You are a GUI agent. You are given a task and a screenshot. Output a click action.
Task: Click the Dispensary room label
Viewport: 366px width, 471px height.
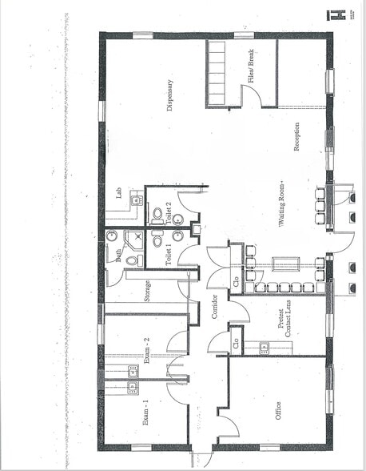click(169, 94)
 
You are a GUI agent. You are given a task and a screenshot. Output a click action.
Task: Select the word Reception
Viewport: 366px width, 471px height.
click(296, 139)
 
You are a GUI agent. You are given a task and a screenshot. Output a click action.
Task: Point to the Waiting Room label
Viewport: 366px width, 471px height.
click(282, 215)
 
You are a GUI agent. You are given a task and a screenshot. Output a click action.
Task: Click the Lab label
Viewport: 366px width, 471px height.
click(118, 193)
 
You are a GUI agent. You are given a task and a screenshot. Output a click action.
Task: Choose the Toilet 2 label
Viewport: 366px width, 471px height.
click(169, 211)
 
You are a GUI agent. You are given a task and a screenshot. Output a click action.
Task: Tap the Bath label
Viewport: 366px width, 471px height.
click(118, 255)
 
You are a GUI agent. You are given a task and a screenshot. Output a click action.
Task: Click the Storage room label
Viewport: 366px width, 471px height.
click(148, 291)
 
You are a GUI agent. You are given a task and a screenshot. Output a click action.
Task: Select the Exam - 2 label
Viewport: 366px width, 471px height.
click(147, 350)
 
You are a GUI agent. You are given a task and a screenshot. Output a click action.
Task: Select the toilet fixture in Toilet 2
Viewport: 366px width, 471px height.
click(157, 214)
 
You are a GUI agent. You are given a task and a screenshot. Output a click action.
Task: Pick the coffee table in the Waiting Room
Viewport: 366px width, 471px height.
click(285, 265)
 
